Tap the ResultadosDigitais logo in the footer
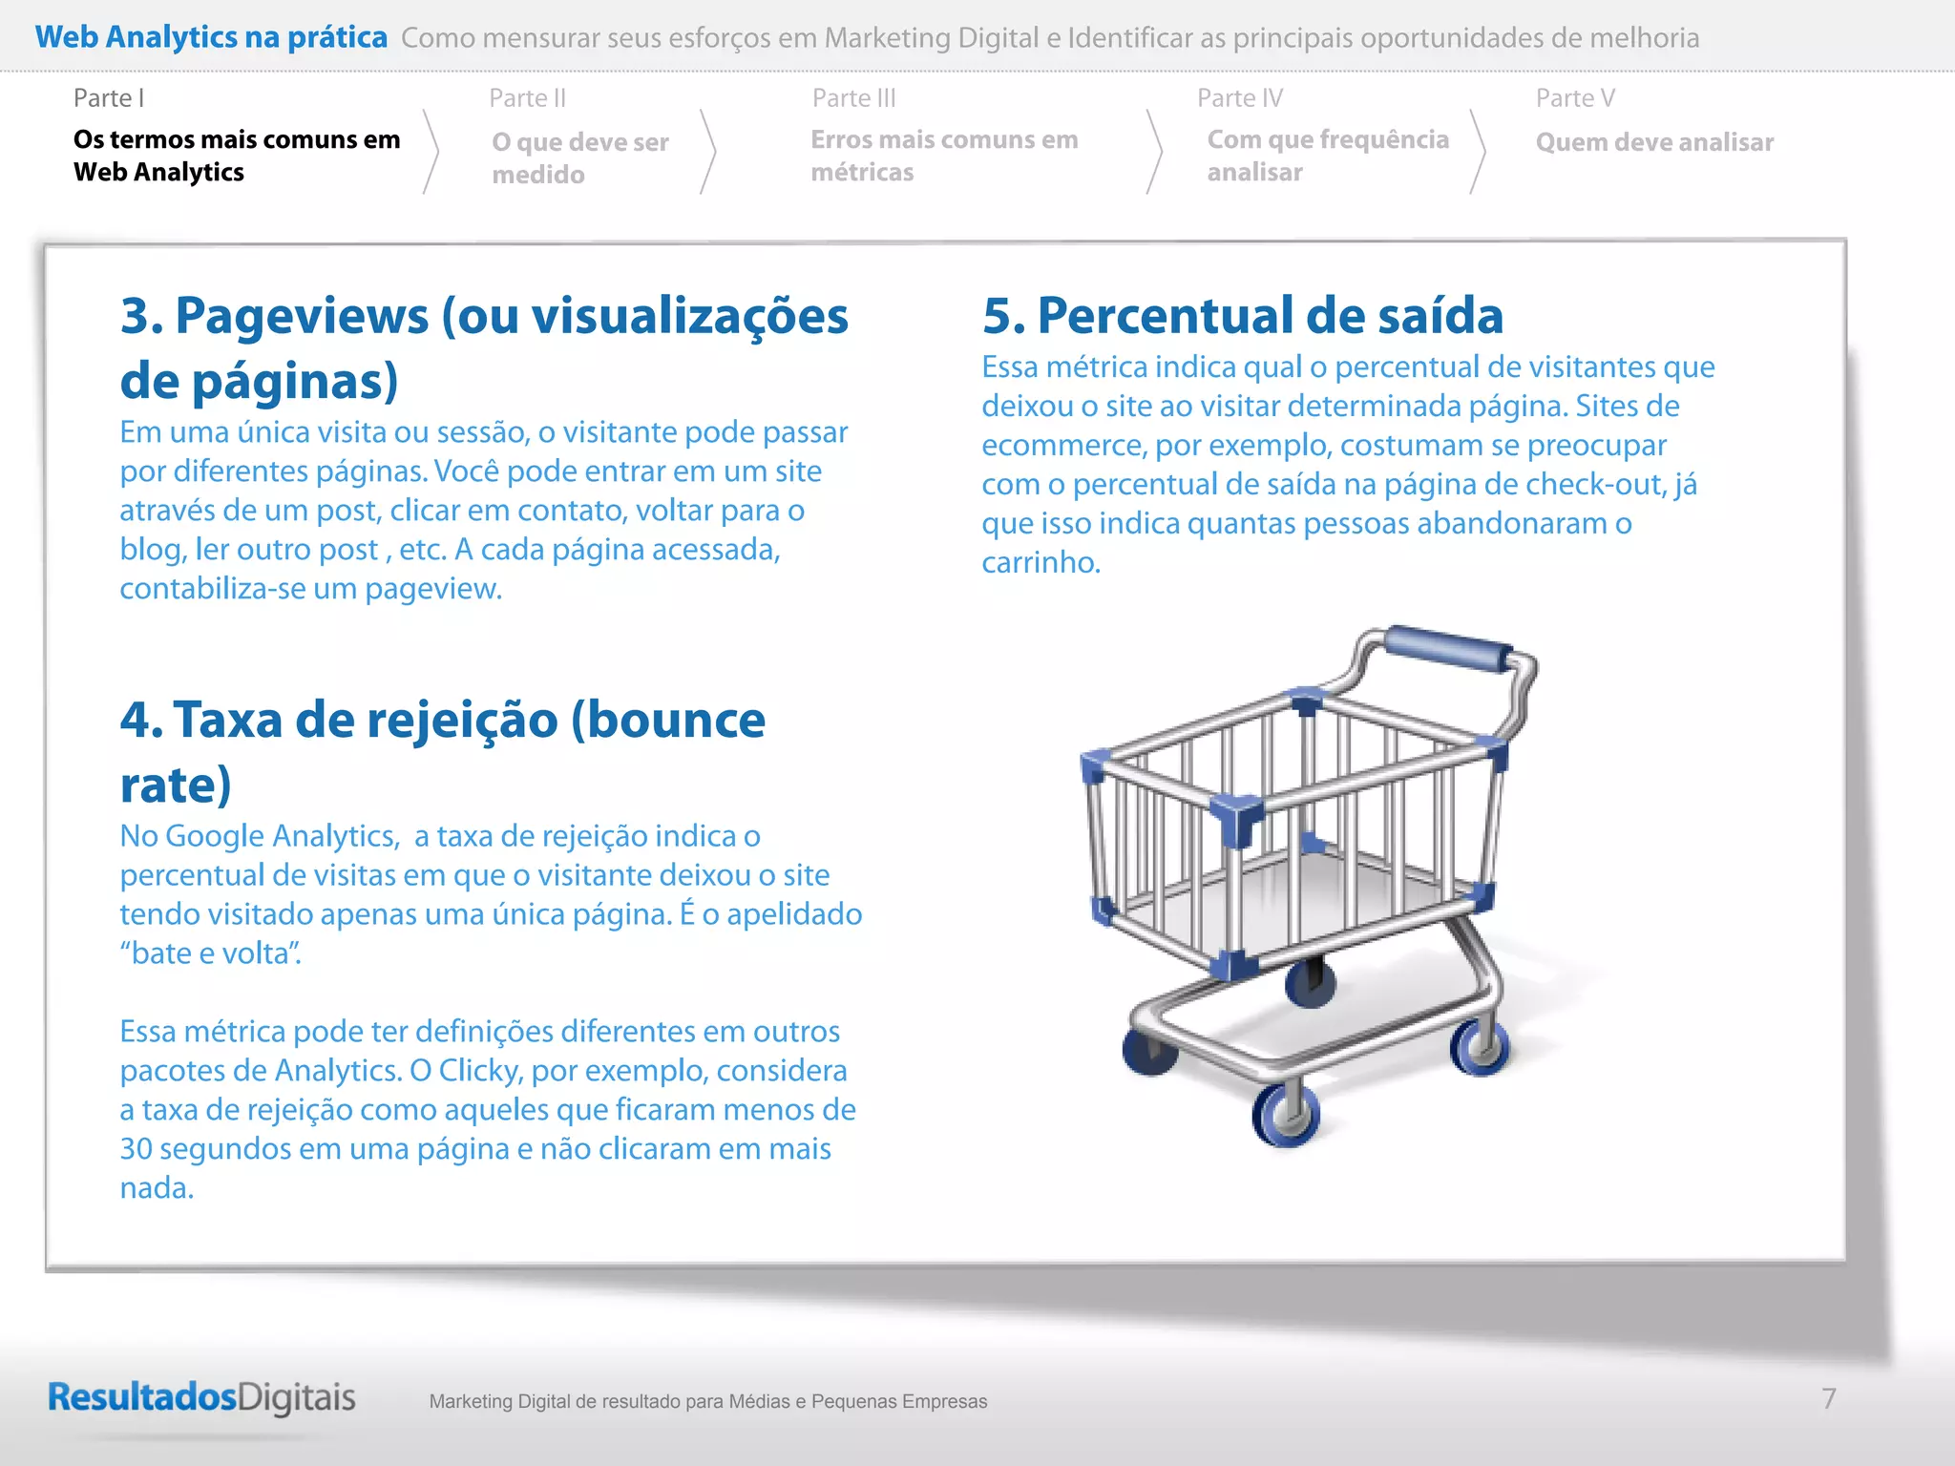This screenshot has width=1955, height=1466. coord(201,1397)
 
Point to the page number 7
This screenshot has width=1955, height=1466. coord(1828,1398)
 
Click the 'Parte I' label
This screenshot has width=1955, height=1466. coord(109,98)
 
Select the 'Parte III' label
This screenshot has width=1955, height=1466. coord(853,98)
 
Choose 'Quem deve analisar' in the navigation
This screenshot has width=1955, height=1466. coord(1653,142)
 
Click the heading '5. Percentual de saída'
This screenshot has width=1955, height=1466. coord(1242,316)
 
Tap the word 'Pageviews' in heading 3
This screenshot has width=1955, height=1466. coord(302,316)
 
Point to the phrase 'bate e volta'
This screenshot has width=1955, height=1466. coord(210,953)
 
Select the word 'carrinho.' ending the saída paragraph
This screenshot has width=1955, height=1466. coord(1041,562)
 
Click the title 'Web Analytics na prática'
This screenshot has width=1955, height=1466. coord(211,37)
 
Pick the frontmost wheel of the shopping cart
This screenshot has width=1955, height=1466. coord(1286,1114)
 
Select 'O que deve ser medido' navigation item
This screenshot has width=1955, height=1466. coord(579,158)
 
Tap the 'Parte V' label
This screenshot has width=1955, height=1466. coord(1574,98)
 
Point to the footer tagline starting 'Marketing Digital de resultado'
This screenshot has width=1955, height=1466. coord(707,1401)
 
